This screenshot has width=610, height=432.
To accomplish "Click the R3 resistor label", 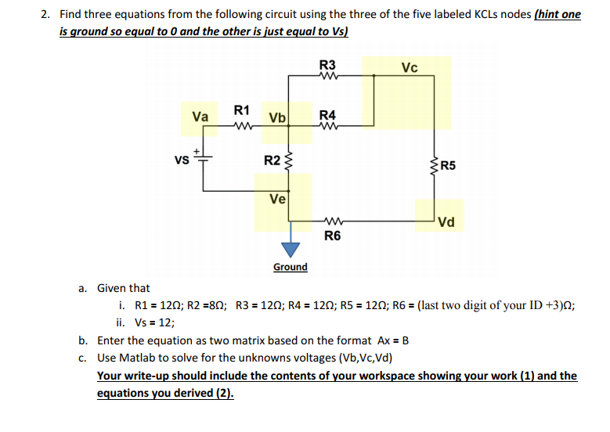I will coord(327,65).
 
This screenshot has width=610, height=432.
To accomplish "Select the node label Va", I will coord(200,117).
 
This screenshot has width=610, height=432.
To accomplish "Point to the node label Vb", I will coord(277,118).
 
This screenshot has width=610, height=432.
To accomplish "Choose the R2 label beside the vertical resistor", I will coord(270,161).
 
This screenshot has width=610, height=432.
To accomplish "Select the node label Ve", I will coord(277,199).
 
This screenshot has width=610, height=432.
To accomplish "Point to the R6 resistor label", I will coord(332,234).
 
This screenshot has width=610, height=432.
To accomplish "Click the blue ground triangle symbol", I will coord(291,249).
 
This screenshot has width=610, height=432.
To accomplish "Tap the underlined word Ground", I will coord(291,268).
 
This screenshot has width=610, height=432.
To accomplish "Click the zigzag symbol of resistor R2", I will coord(289,163).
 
